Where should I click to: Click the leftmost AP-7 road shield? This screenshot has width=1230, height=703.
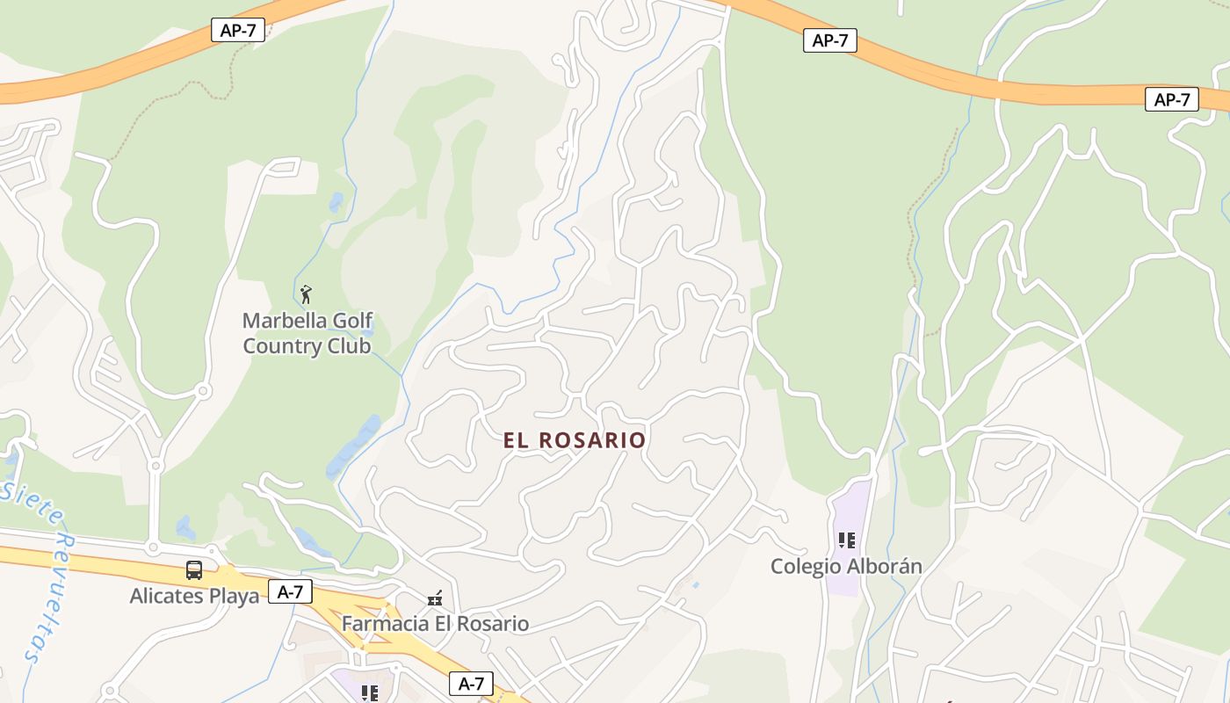(x=237, y=30)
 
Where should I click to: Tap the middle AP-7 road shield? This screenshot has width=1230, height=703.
(x=829, y=40)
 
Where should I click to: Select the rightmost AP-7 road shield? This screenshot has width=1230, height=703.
(x=1171, y=99)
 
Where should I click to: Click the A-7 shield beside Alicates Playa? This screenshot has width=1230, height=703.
(x=290, y=592)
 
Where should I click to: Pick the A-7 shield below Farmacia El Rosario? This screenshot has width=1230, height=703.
(x=471, y=684)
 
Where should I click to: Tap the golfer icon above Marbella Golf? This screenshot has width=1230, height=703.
(x=306, y=294)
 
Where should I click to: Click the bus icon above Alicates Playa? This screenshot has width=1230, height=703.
(x=194, y=570)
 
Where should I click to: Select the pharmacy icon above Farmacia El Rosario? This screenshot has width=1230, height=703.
(x=434, y=599)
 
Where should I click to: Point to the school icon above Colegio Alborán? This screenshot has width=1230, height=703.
(x=846, y=540)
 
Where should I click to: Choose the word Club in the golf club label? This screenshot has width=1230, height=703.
(x=349, y=346)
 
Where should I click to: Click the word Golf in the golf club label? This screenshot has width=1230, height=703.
(x=356, y=321)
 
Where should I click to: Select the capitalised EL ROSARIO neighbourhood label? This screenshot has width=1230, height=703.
(x=575, y=440)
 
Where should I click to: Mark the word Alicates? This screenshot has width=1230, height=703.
(x=165, y=597)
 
